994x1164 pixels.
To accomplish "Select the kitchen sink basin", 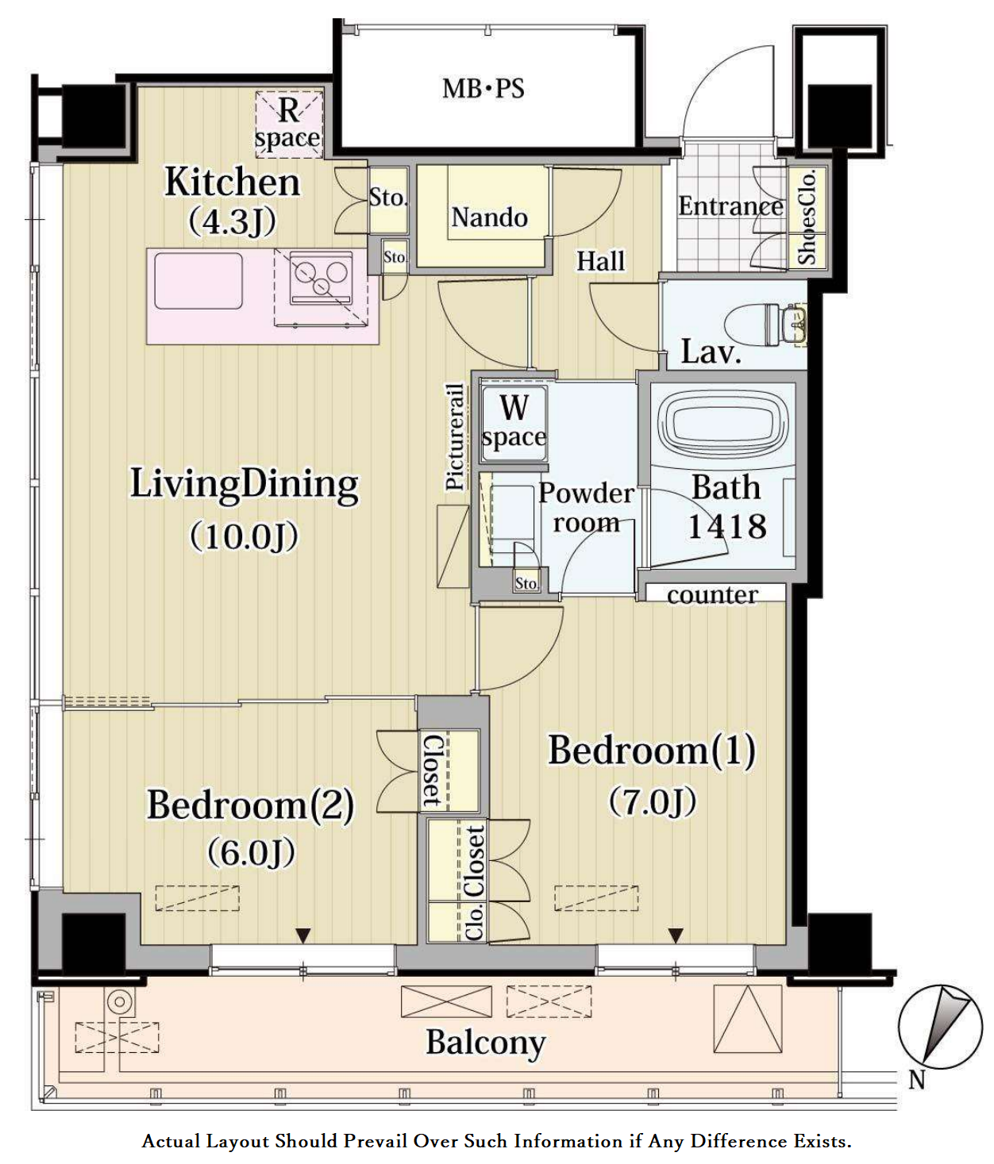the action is coord(198,280).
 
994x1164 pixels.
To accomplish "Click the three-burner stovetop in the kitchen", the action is coord(322,279).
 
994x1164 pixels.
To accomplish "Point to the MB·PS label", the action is coord(484,89).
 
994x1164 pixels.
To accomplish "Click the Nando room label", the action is coord(489,218).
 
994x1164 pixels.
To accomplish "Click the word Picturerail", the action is coord(455,436).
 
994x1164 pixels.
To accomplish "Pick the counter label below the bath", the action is coord(712,594).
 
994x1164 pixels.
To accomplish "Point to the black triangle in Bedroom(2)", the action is coord(303,935).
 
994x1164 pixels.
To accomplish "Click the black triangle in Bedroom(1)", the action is coord(676,935).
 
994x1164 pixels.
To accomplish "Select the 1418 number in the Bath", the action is coord(727,527).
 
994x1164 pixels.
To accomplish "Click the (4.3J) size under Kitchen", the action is coord(232,221).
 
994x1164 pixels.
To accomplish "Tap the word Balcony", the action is coord(486,1043).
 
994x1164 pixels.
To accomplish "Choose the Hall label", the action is coord(601,262).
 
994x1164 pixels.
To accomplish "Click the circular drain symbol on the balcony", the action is coord(119,1002).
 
